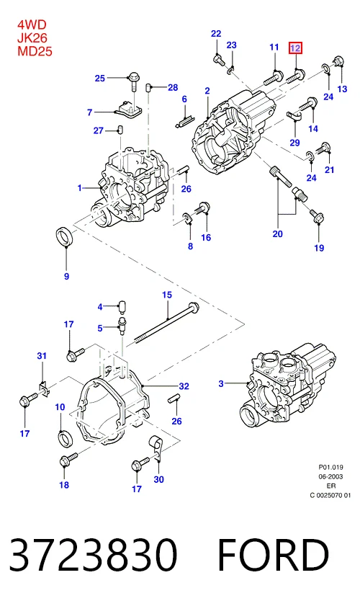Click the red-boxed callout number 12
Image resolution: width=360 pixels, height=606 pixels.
(295, 48)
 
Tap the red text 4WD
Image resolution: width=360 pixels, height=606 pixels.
(32, 24)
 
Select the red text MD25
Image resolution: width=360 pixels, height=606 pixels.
(35, 51)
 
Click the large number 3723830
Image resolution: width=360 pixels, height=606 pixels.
(93, 554)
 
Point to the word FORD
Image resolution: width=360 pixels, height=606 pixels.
(273, 554)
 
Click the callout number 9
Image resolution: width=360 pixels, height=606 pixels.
(66, 276)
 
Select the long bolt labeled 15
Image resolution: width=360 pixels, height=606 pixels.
(167, 321)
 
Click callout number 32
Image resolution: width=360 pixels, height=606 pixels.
(184, 386)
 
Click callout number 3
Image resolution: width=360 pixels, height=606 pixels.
(221, 383)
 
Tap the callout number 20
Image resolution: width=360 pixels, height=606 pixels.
(278, 233)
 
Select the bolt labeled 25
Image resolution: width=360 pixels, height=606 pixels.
(134, 81)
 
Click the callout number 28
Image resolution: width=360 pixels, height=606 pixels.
(173, 87)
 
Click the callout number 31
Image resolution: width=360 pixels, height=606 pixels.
(42, 355)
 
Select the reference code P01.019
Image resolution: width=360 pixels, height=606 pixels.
(330, 467)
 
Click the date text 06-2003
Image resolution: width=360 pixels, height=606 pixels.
(330, 476)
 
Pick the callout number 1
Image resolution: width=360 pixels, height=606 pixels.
(80, 188)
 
